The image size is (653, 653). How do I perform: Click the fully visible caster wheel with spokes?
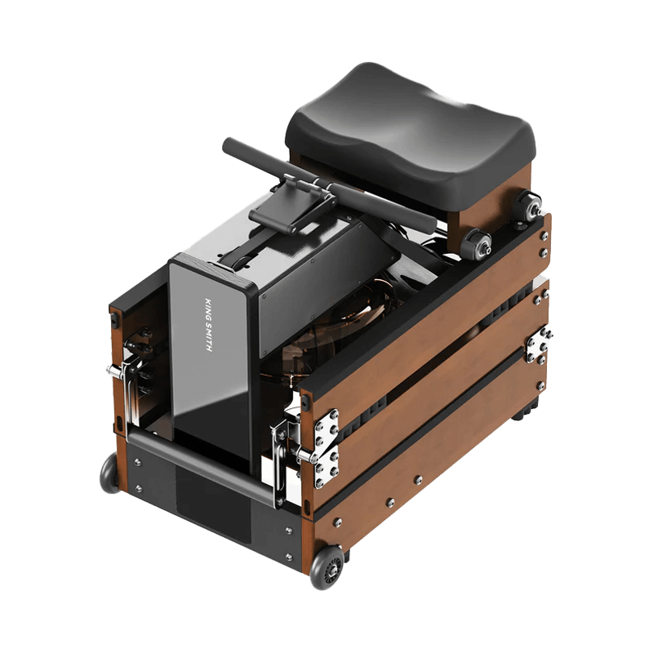coord(327,567)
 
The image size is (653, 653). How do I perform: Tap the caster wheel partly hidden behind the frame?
coord(109,473)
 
